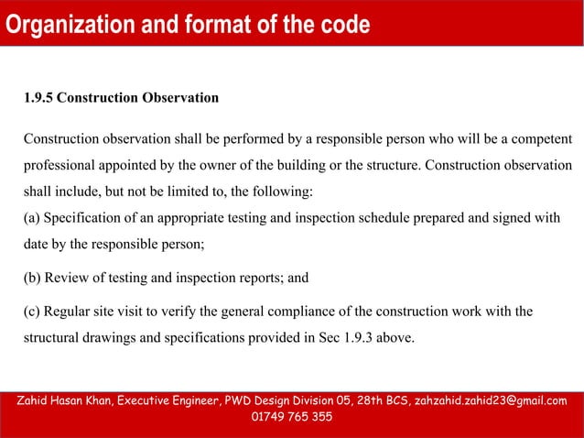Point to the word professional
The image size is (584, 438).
coord(57,167)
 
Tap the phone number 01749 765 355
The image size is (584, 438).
coord(291,418)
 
